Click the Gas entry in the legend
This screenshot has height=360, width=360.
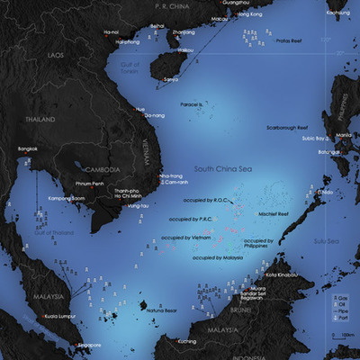(343, 297)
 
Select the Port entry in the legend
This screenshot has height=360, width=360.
(343, 319)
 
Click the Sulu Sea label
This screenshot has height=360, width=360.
(327, 240)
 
